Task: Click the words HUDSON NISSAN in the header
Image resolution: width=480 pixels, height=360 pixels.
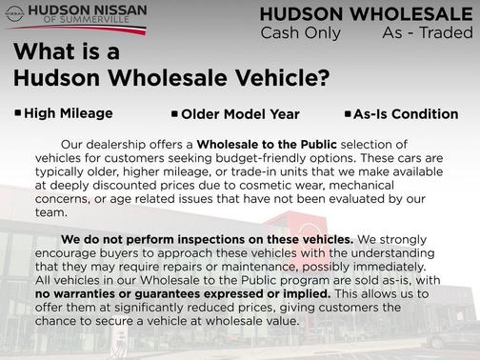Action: click(x=86, y=11)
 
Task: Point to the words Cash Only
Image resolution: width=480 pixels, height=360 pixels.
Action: click(x=298, y=33)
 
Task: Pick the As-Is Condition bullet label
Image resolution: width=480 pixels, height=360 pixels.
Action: click(x=405, y=114)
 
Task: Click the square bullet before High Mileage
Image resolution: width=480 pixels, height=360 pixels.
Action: click(x=18, y=112)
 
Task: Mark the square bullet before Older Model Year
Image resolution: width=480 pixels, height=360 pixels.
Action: click(x=174, y=114)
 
